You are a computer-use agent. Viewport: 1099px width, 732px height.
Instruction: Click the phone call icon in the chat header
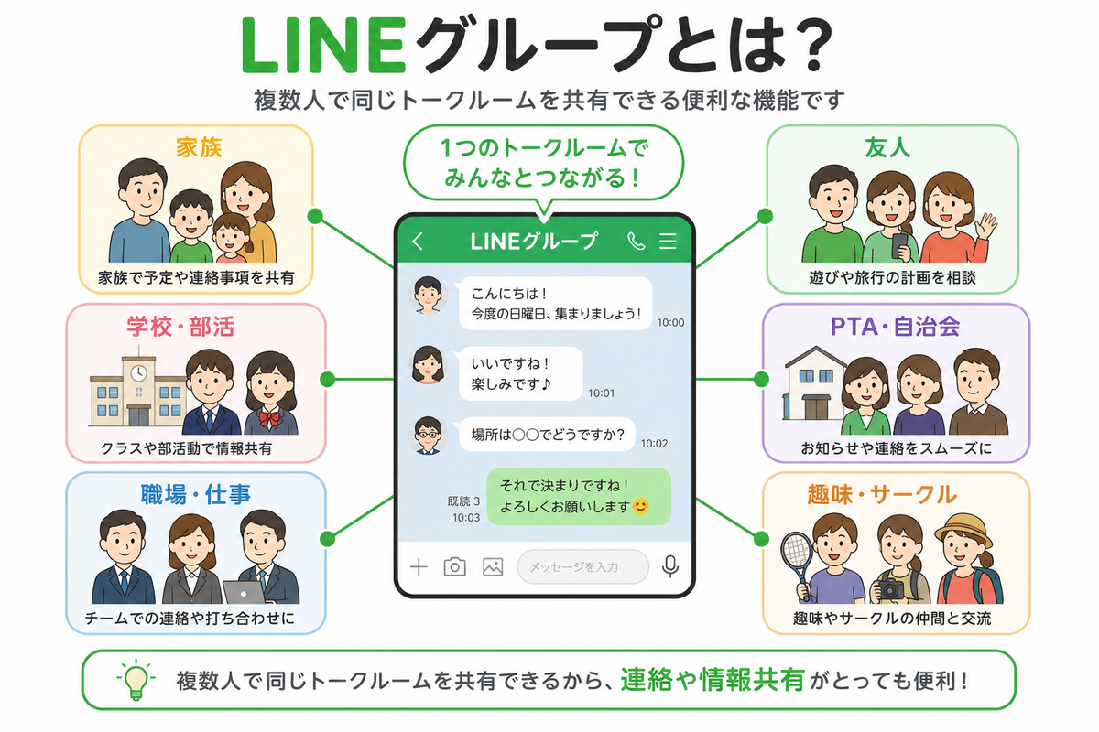[636, 241]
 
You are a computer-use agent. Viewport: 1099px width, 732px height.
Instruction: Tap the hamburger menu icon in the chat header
[668, 241]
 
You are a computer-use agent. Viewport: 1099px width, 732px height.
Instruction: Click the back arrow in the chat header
[418, 241]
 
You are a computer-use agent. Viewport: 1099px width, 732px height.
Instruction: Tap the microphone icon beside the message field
[670, 566]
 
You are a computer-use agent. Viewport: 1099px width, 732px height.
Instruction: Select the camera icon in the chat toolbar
[455, 566]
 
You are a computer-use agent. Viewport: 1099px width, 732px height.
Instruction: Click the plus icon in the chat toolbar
[419, 567]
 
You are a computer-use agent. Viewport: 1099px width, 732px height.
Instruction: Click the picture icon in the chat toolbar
[493, 567]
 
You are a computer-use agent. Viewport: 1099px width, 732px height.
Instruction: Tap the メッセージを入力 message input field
[582, 566]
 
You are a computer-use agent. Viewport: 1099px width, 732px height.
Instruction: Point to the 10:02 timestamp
[654, 444]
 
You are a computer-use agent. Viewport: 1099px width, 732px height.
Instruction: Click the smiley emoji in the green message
[640, 506]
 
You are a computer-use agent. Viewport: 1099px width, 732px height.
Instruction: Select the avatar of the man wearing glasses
[428, 436]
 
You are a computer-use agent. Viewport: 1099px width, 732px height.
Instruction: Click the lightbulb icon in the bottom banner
[136, 680]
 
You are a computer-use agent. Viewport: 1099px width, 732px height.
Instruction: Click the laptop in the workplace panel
[245, 592]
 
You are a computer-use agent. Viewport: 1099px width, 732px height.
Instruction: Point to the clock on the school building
[138, 373]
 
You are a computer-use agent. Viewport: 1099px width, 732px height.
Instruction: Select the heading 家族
[199, 148]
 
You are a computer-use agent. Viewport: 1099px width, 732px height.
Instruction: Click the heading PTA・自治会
[895, 327]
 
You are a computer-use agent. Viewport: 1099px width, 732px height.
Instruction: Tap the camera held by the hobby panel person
[890, 588]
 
